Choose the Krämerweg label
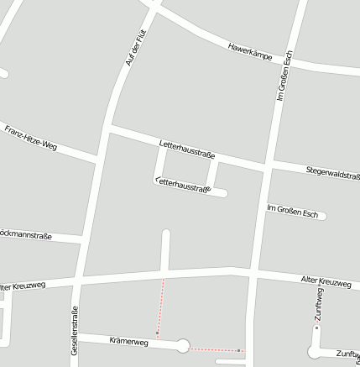128,342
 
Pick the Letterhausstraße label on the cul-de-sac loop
183,186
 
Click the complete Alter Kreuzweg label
326,282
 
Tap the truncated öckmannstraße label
26,236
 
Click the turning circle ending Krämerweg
183,345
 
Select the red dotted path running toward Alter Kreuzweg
161,306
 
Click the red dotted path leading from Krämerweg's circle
214,349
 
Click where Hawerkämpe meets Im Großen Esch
290,60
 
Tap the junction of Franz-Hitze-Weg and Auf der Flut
98,157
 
